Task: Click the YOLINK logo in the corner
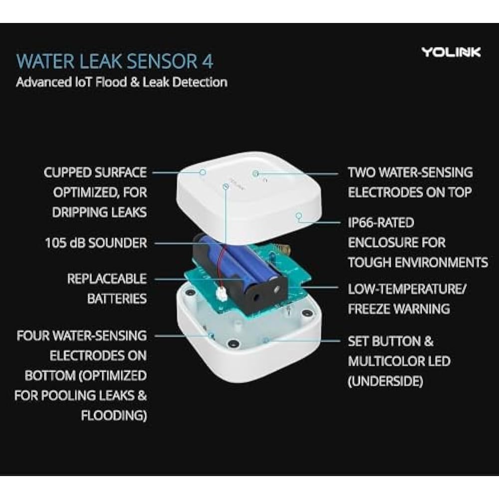pyautogui.click(x=451, y=52)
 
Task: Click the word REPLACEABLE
pyautogui.click(x=107, y=278)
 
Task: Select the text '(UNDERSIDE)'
pyautogui.click(x=385, y=382)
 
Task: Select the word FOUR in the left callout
pyautogui.click(x=33, y=335)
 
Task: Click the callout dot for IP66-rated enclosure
pyautogui.click(x=299, y=217)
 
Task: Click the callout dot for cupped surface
pyautogui.click(x=203, y=172)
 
